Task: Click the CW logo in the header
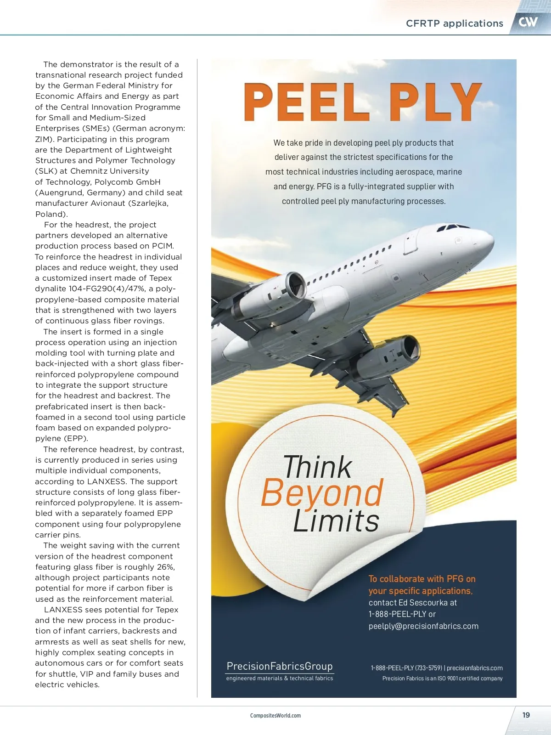tap(528, 22)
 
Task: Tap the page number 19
tap(526, 715)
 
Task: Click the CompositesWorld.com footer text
tap(275, 715)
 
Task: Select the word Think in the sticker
tap(317, 467)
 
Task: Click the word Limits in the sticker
tap(336, 521)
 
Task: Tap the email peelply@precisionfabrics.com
tap(423, 626)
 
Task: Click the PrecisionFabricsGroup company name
tap(280, 666)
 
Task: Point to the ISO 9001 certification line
tap(442, 678)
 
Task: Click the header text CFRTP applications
tap(455, 23)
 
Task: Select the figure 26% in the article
tap(165, 567)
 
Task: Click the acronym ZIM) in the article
tap(45, 139)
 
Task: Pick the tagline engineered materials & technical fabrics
tap(280, 678)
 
